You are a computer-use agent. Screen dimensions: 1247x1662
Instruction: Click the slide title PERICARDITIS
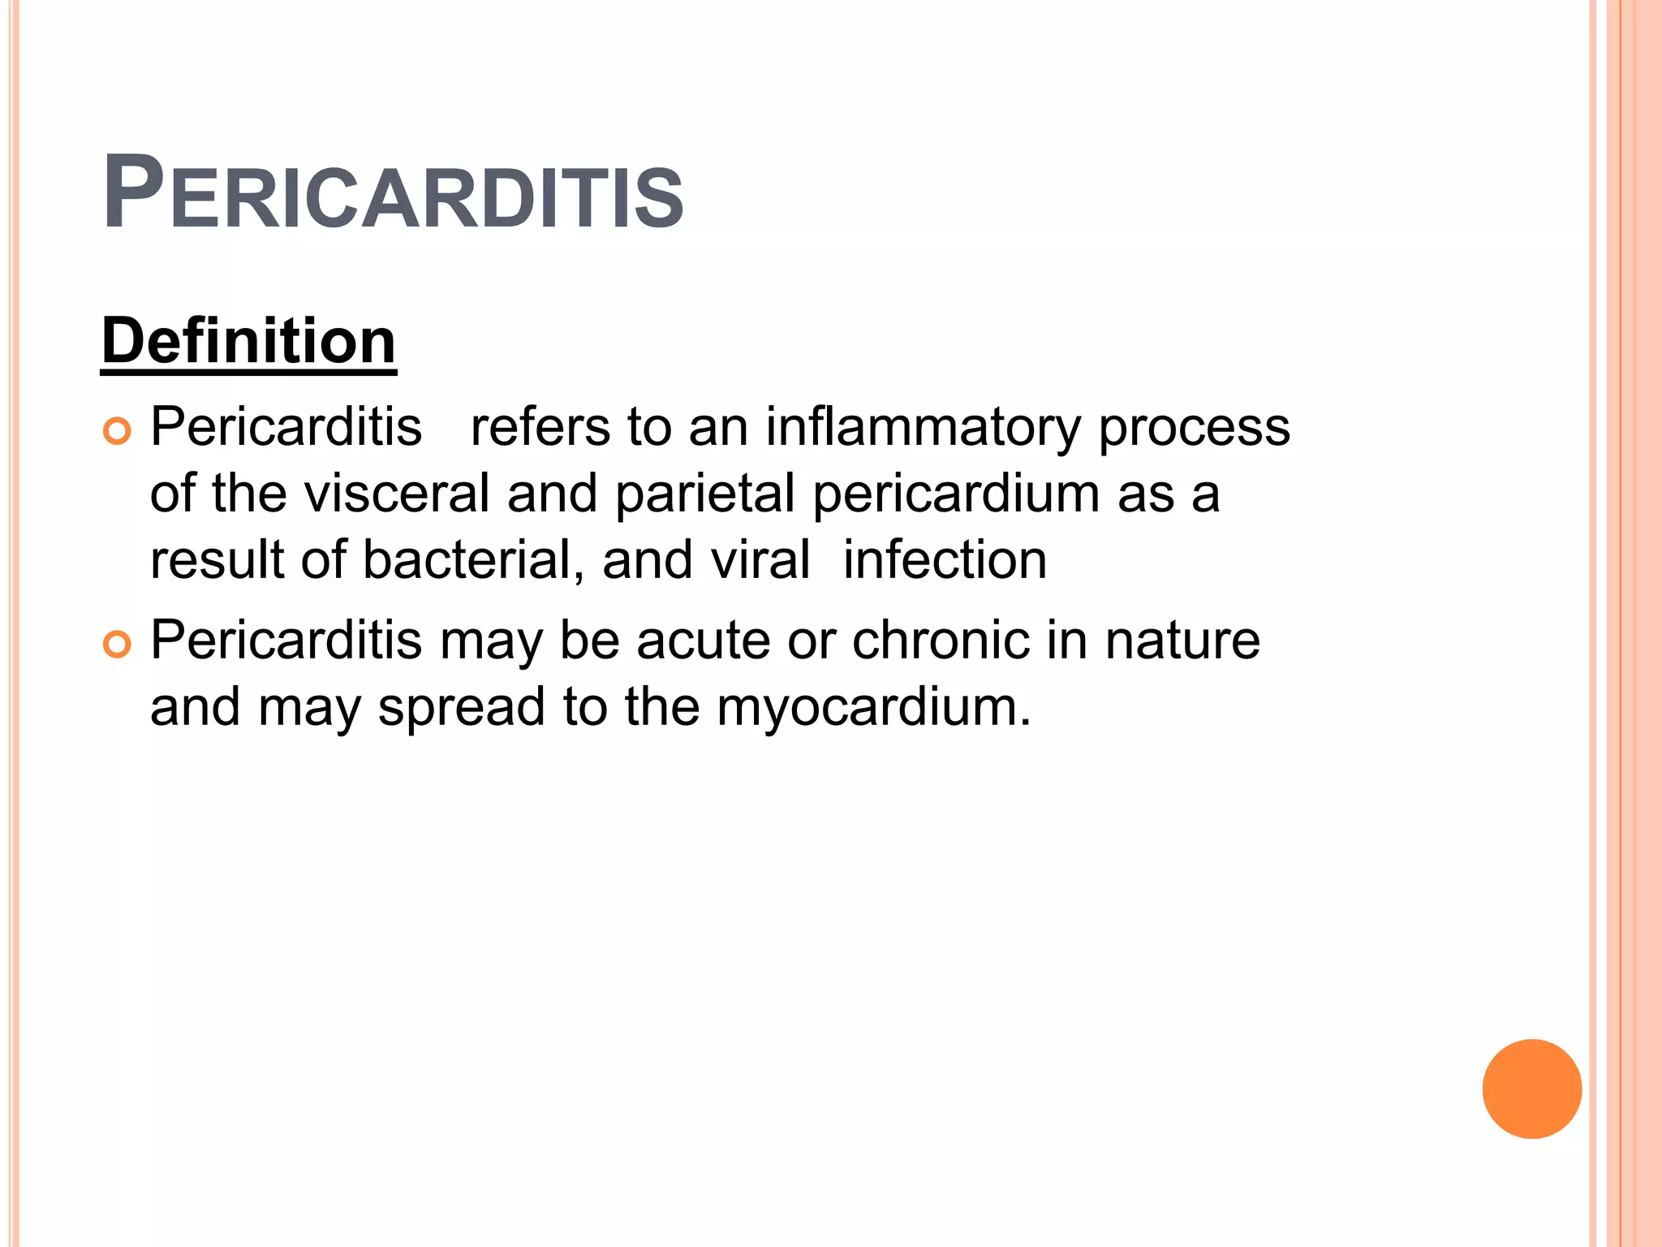click(x=394, y=193)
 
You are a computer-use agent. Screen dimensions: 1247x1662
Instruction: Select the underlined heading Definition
click(x=249, y=341)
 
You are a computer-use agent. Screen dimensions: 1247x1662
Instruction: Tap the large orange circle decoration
click(x=1531, y=1089)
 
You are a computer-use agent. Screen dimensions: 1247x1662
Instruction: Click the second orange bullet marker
click(x=118, y=645)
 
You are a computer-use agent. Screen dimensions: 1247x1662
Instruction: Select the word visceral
click(x=397, y=494)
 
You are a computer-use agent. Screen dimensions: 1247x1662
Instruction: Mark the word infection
click(x=945, y=560)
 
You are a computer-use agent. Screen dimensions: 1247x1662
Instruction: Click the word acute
click(x=703, y=641)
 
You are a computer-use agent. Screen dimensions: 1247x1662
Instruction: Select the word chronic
click(x=940, y=641)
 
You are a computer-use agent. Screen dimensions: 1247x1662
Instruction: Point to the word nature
click(x=1182, y=641)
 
